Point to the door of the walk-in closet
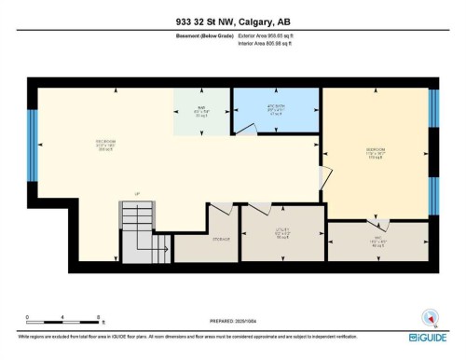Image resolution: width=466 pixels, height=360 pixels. [380, 225]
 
